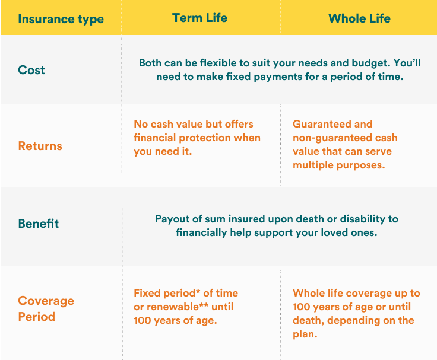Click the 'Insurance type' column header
tap(61, 19)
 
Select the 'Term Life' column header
tap(200, 18)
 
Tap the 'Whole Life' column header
tap(359, 18)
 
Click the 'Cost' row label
tap(31, 70)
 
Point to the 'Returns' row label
tap(40, 146)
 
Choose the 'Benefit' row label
tap(39, 223)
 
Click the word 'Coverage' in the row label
tap(46, 301)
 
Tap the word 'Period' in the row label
tap(36, 317)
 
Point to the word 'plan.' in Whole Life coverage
tap(305, 334)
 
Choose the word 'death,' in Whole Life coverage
tap(309, 320)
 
